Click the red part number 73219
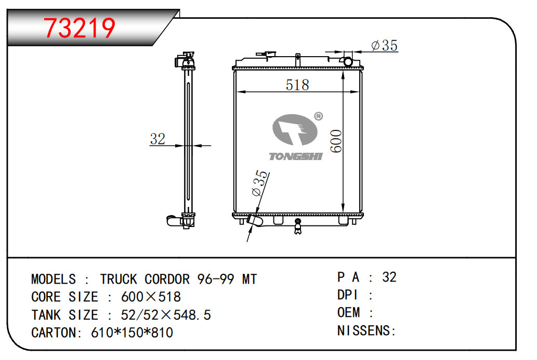80,28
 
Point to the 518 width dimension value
297,85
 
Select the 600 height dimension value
336,141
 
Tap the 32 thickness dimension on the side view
158,139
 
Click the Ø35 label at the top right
384,46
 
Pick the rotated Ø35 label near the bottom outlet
259,183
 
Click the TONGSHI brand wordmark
296,156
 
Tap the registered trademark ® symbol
319,116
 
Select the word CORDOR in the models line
167,279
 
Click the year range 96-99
215,279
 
